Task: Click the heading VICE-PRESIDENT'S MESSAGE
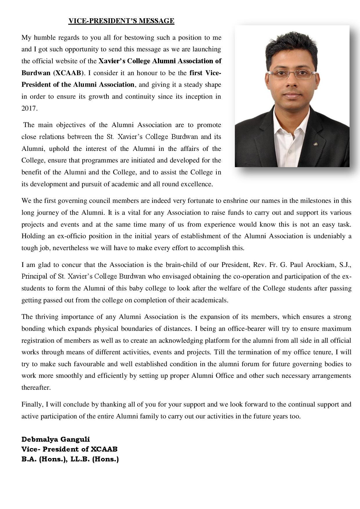pos(121,21)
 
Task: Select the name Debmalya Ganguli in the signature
pos(56,439)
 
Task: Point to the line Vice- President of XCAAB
pos(69,449)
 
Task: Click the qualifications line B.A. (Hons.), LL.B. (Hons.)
pos(70,459)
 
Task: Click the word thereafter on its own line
pos(36,388)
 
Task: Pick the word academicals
pos(210,300)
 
